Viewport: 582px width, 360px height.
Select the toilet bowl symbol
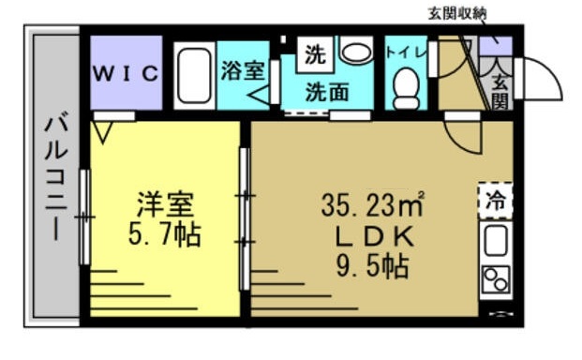pos(406,88)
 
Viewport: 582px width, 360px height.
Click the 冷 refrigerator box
pos(494,199)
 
